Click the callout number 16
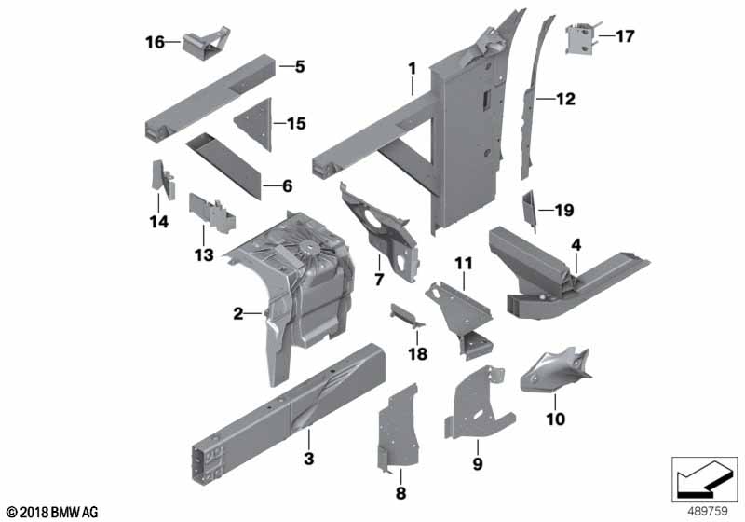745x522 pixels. click(155, 42)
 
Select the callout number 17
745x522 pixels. click(625, 36)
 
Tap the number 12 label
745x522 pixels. click(565, 99)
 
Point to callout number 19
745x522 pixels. click(564, 210)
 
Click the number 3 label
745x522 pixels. click(309, 459)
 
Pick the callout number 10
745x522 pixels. click(555, 419)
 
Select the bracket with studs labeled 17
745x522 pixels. click(580, 38)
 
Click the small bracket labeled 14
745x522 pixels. click(161, 180)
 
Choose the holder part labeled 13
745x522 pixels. click(212, 213)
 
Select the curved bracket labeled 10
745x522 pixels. click(553, 371)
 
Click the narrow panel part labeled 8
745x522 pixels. click(399, 428)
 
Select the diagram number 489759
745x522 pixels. click(708, 511)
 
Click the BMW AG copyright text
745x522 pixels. click(53, 513)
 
